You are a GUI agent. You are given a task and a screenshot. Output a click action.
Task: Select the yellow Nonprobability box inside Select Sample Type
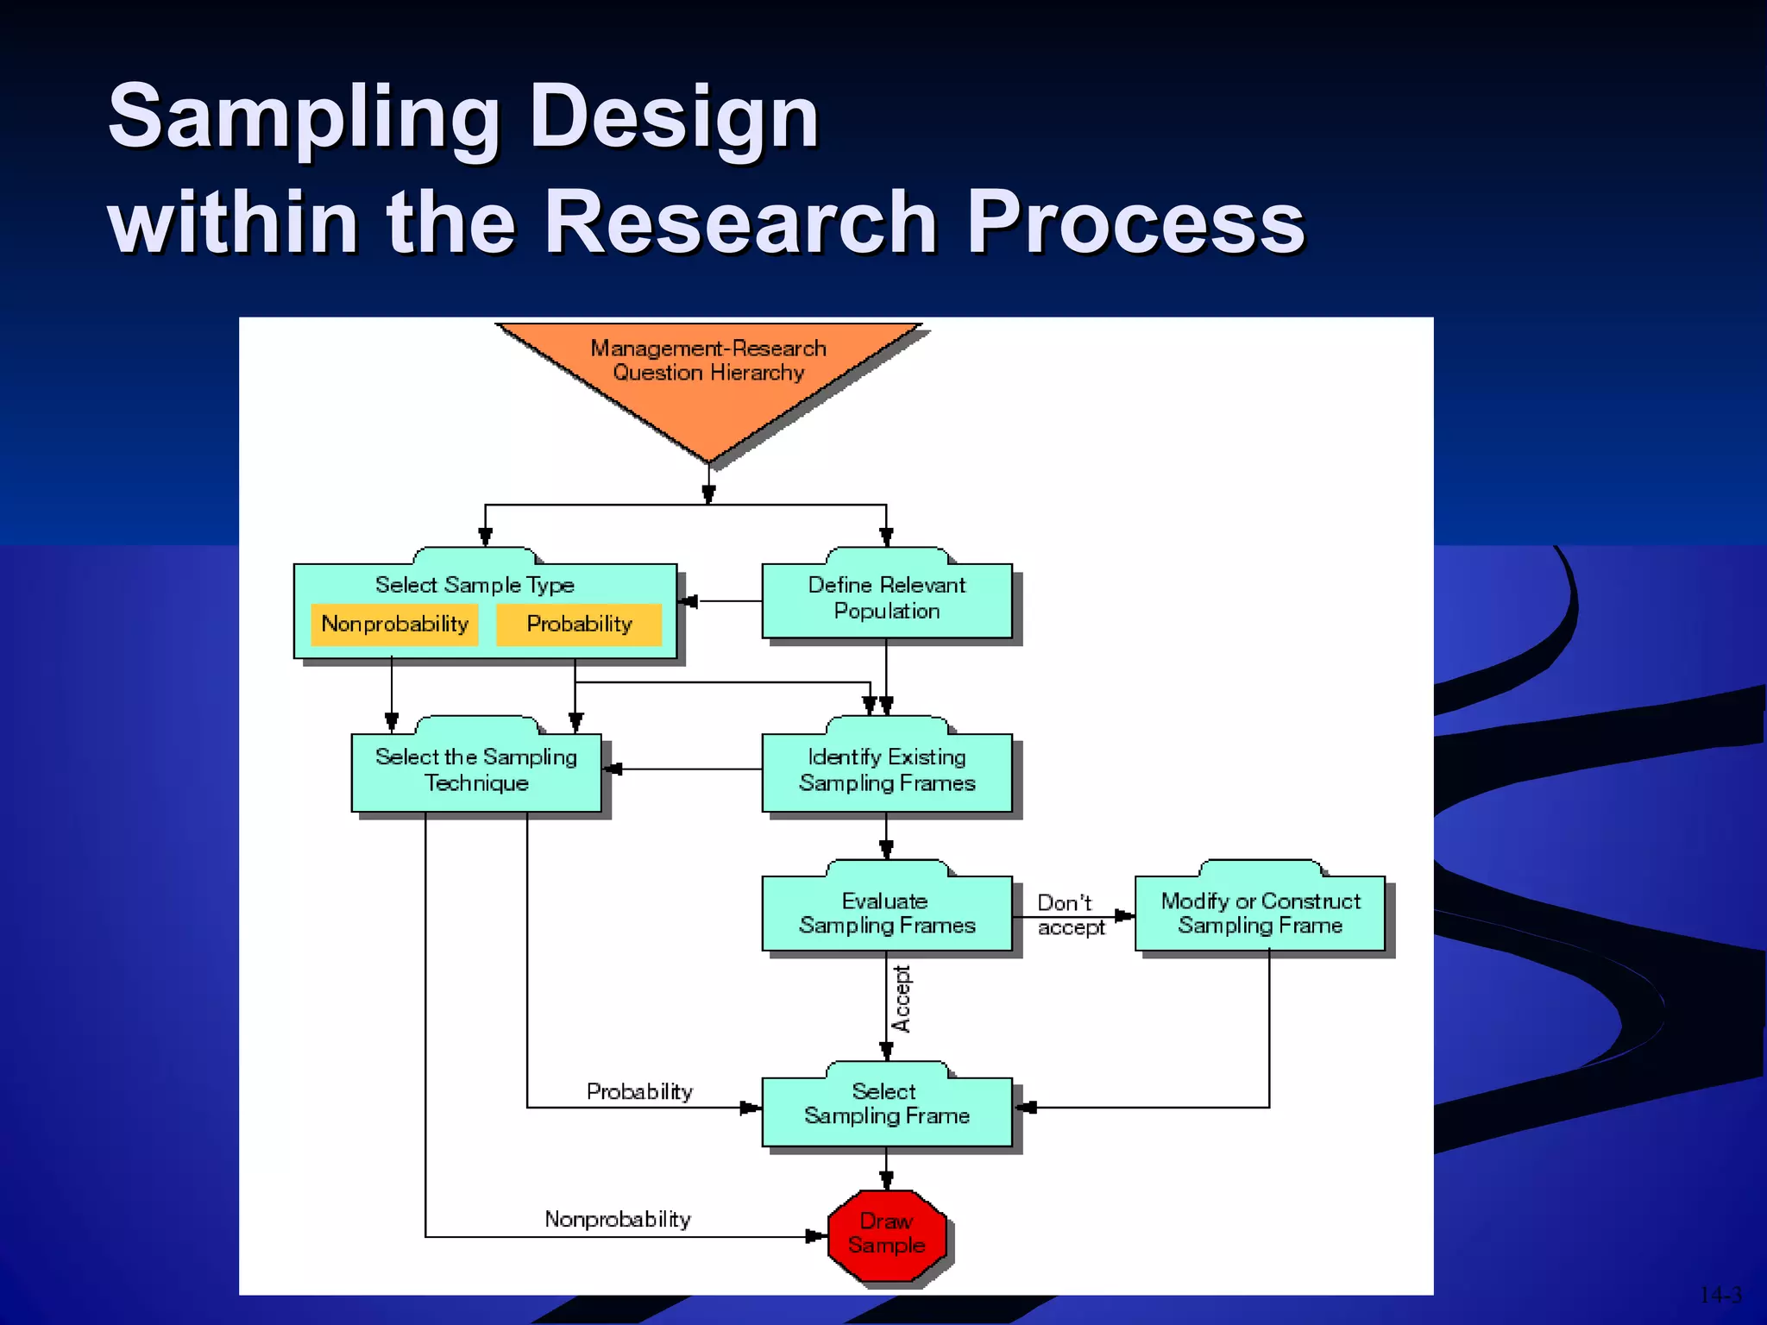point(394,624)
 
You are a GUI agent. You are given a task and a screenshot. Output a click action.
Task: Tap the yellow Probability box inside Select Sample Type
point(579,624)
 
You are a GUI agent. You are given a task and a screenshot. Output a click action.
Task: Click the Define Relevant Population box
point(886,599)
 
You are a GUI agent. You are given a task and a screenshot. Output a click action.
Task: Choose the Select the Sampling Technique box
point(475,769)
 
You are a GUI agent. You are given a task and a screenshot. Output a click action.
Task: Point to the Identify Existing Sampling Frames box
point(886,769)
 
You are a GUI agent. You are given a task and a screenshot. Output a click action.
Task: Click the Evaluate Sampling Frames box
point(886,913)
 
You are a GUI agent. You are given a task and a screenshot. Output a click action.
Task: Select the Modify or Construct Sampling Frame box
point(1260,913)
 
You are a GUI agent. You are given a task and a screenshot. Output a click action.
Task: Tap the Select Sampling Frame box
point(886,1104)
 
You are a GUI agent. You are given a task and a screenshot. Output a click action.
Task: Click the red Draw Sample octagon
point(886,1234)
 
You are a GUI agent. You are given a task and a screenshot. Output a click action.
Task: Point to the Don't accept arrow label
point(1069,915)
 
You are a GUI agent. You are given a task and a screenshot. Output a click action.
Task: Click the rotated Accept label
point(902,999)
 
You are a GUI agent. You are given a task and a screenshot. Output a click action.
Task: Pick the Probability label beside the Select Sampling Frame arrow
point(639,1092)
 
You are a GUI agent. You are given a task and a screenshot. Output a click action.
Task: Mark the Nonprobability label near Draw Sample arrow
point(618,1220)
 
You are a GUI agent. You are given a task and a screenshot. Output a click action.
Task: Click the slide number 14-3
point(1720,1295)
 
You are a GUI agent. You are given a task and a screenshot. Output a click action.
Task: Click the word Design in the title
point(674,116)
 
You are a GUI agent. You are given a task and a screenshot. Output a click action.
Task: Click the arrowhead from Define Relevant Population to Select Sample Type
point(689,601)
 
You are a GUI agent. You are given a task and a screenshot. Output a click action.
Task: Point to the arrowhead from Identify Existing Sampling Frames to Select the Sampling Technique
point(613,769)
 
